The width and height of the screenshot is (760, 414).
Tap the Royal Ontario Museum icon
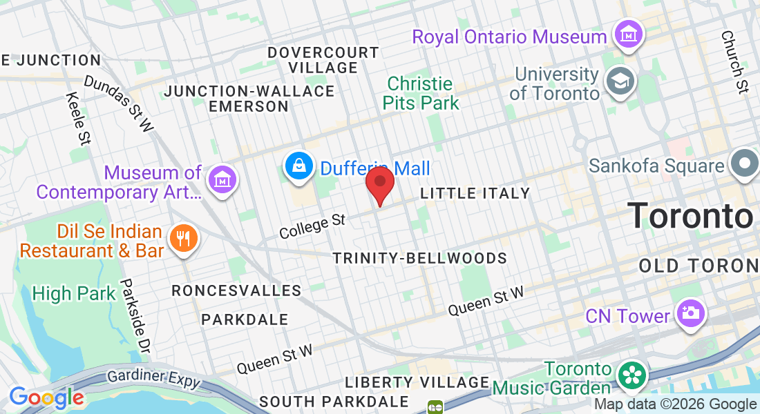(x=629, y=33)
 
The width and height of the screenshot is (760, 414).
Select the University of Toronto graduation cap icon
(x=620, y=81)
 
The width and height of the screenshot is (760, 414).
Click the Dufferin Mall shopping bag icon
(x=299, y=166)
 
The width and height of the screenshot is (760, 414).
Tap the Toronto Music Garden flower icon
(x=631, y=376)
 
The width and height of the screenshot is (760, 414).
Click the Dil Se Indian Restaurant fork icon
(x=182, y=239)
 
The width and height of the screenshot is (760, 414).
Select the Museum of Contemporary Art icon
(x=222, y=179)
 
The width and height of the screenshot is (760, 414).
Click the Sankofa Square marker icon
(x=745, y=165)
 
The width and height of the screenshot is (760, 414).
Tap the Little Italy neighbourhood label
(x=475, y=194)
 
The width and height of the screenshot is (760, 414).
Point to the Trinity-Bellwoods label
(x=419, y=258)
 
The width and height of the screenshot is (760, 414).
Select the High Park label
(x=74, y=294)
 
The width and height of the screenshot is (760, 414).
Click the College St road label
(x=312, y=226)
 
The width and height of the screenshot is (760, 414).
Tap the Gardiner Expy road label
(x=153, y=379)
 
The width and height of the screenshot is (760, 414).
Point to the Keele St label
(x=79, y=119)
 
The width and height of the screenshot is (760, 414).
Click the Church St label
(x=734, y=61)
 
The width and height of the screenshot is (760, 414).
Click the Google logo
(x=46, y=397)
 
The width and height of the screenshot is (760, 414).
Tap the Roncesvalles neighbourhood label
(x=236, y=290)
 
